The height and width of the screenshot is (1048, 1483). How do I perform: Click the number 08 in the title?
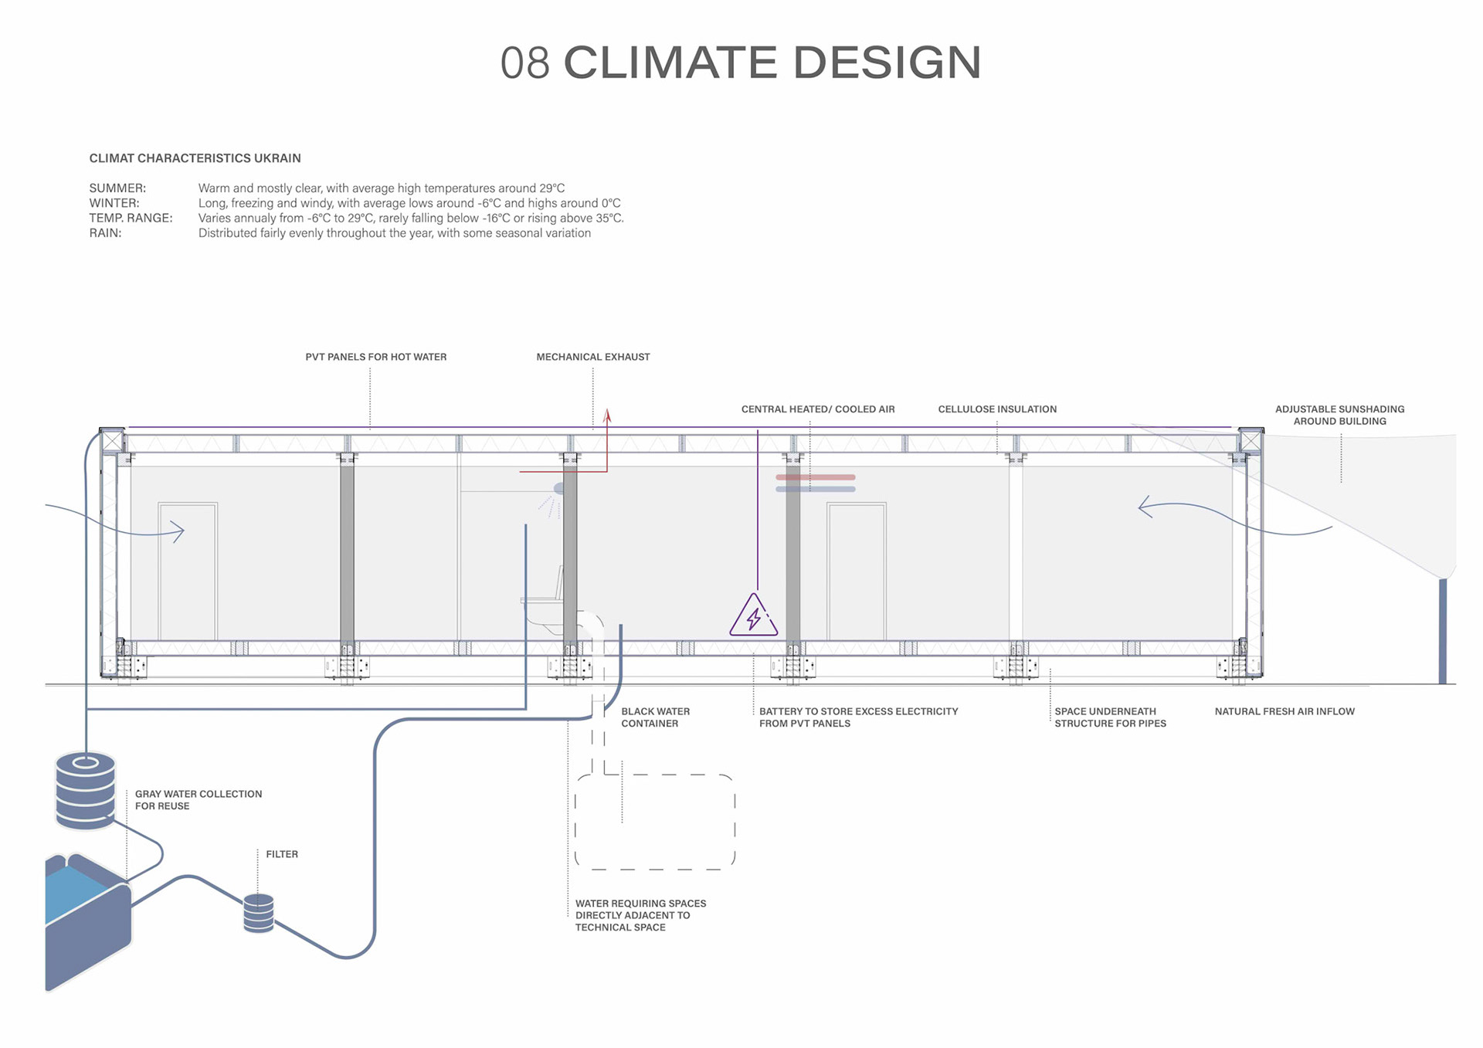[x=524, y=63]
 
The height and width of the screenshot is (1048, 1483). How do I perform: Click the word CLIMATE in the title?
[x=670, y=63]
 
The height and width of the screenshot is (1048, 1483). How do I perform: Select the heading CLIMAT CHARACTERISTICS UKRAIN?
[x=195, y=158]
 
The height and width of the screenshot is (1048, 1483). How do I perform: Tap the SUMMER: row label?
[x=117, y=188]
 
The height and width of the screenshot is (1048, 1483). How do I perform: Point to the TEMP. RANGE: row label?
[x=131, y=219]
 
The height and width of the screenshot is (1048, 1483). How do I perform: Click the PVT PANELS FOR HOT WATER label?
[x=375, y=357]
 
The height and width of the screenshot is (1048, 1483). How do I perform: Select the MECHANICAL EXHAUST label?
[x=592, y=357]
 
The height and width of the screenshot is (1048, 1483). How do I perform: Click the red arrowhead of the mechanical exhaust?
[x=608, y=416]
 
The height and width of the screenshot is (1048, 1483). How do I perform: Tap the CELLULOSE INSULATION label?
[x=997, y=409]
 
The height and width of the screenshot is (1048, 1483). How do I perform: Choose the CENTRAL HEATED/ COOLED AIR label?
[x=817, y=409]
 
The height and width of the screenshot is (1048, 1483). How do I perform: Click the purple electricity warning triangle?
[x=753, y=616]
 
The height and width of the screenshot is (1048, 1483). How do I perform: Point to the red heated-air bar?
[x=816, y=477]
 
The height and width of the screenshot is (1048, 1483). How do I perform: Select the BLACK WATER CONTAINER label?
[x=655, y=717]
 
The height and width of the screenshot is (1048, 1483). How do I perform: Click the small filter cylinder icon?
[x=258, y=913]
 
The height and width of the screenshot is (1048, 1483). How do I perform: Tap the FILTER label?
[x=282, y=854]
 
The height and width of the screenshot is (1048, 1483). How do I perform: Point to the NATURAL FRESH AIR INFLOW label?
[x=1284, y=711]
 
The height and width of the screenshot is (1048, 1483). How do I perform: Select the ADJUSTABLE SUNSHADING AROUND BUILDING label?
[x=1339, y=415]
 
